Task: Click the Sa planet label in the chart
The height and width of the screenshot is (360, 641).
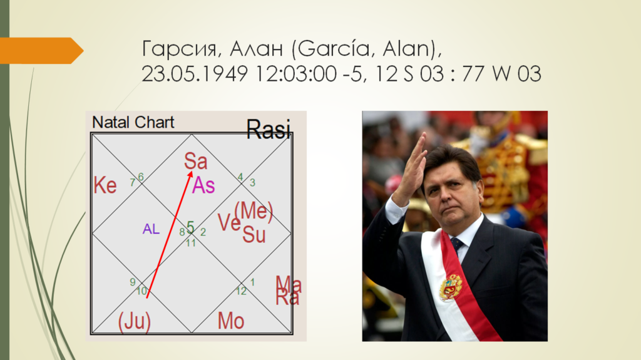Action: [x=195, y=161]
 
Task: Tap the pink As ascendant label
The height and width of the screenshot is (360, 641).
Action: [x=203, y=185]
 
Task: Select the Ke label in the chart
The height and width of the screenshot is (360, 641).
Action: [x=105, y=185]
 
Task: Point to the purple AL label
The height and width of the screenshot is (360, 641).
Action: [x=151, y=229]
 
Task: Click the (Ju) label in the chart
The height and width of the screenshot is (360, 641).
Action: [x=135, y=321]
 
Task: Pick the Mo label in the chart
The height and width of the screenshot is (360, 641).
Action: [x=231, y=321]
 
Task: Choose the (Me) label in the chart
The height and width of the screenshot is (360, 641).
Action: [x=254, y=212]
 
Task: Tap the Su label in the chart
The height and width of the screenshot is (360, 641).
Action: [x=254, y=235]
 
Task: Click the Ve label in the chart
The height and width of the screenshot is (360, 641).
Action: [x=229, y=223]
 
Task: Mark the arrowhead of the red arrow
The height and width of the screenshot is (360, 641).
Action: [x=190, y=175]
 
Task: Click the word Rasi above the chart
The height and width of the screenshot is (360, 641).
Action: [x=269, y=129]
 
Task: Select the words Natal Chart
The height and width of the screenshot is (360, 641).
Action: [x=133, y=122]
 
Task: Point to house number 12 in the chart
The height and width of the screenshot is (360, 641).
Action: [x=241, y=291]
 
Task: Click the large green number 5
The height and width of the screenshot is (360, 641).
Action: [x=190, y=227]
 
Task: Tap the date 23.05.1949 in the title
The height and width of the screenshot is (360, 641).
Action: [x=195, y=74]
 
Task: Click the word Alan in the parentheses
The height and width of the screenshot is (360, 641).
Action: [x=406, y=49]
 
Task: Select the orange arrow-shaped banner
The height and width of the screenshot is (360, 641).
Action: [x=42, y=50]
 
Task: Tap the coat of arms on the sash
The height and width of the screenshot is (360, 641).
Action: [x=451, y=287]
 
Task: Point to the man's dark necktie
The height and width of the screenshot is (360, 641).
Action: [x=456, y=244]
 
